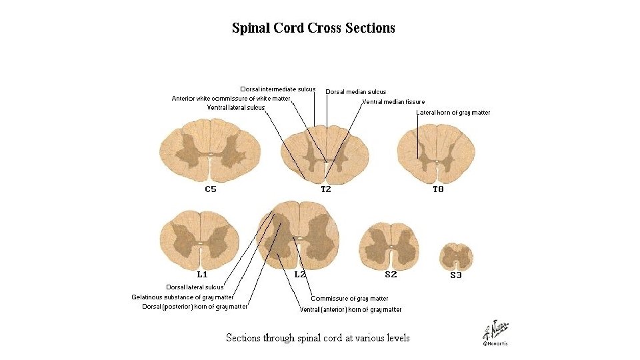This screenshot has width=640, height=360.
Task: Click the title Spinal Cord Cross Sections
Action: (x=313, y=28)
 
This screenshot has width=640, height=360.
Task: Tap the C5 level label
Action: (x=211, y=189)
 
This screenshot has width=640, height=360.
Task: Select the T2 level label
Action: (x=326, y=189)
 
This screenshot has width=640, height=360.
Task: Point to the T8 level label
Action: (x=438, y=189)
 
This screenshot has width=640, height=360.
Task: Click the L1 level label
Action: (x=202, y=274)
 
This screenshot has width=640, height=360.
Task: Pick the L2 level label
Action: (x=300, y=274)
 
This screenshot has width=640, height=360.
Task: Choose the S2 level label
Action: (x=391, y=274)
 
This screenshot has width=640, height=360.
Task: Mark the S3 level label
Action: (x=456, y=275)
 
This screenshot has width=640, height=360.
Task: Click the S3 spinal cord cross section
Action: (x=457, y=256)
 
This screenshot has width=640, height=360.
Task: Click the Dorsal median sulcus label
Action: (x=356, y=92)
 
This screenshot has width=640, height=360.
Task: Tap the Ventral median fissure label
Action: (x=393, y=102)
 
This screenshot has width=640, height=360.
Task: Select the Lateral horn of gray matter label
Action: (x=453, y=113)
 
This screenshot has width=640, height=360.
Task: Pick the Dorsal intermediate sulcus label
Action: (x=278, y=89)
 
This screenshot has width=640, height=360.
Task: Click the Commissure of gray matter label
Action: (x=349, y=299)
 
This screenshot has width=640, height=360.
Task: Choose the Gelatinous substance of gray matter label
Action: (x=182, y=297)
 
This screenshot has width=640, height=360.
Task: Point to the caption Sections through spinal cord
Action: (x=318, y=338)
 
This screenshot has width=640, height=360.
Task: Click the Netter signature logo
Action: (x=495, y=330)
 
